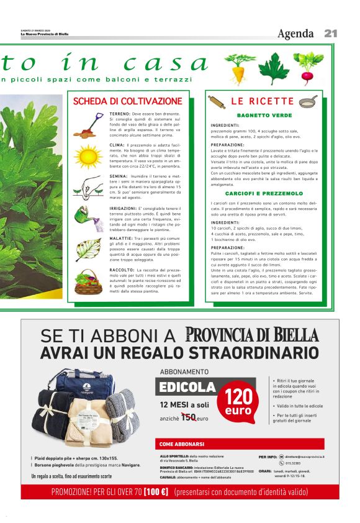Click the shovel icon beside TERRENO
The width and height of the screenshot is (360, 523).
pos(86,124)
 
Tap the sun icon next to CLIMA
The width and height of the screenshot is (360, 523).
pos(86,155)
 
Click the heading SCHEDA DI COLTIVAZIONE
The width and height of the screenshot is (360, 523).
pos(128,101)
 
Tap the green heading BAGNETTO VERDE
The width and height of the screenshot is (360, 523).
pos(264,116)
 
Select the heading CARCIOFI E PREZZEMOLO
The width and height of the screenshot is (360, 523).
pos(264,193)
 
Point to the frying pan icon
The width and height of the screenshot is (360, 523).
pos(309,101)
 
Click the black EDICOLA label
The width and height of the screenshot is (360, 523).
pos(187,388)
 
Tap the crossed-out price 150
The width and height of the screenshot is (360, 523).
pos(188,418)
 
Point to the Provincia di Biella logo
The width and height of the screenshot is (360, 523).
pos(252,335)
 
